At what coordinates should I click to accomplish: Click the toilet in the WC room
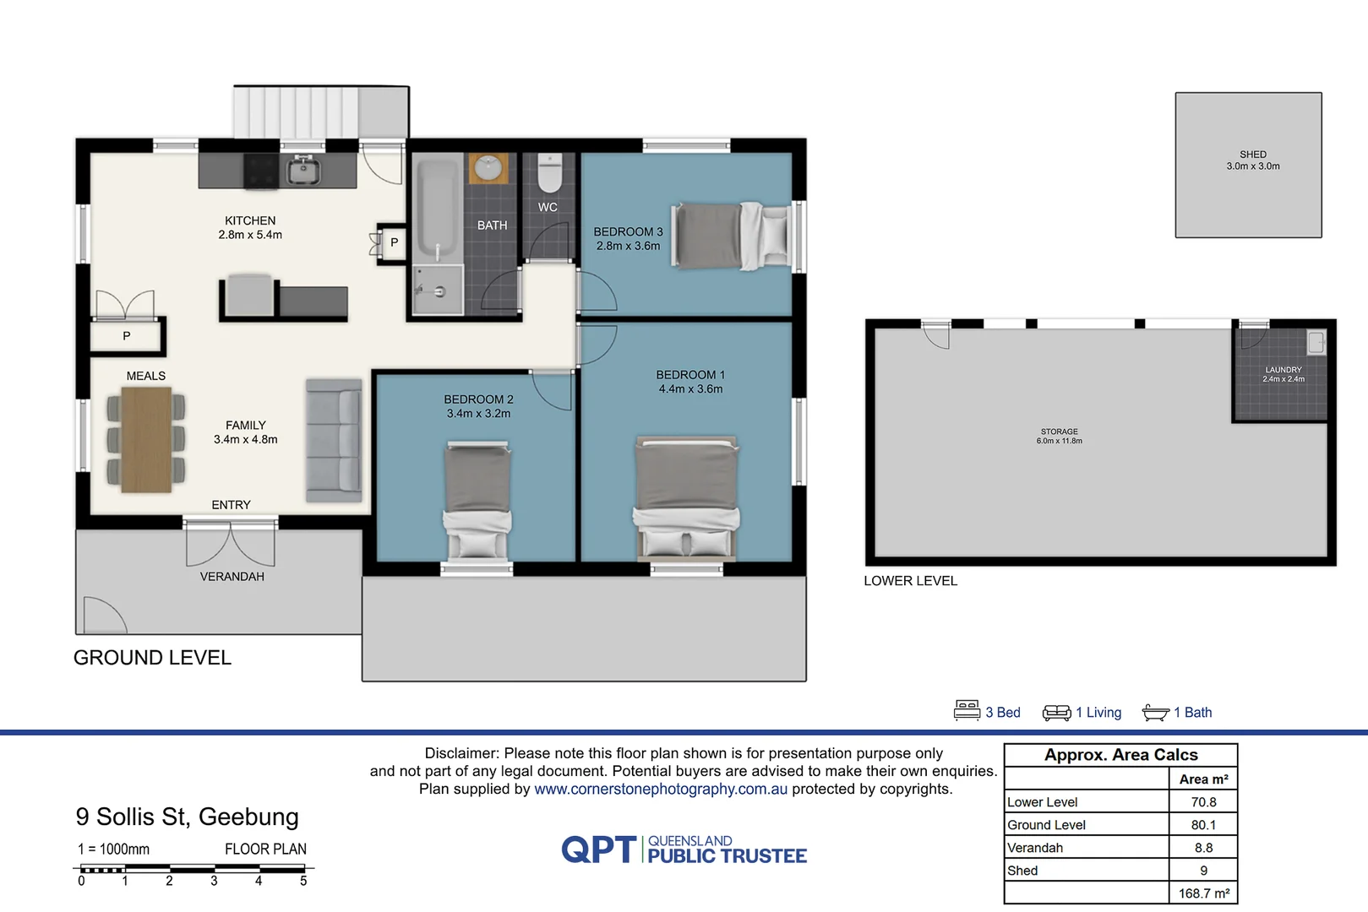pyautogui.click(x=549, y=173)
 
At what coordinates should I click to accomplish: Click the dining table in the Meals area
pyautogui.click(x=146, y=439)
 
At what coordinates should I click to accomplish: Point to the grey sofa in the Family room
pyautogui.click(x=334, y=440)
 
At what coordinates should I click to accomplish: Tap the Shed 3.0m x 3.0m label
pyautogui.click(x=1252, y=160)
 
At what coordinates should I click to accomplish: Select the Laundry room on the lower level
pyautogui.click(x=1283, y=375)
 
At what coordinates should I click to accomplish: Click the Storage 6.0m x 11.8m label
pyautogui.click(x=1059, y=436)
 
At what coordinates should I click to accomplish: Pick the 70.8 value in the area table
pyautogui.click(x=1203, y=802)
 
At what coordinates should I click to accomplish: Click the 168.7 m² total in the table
pyautogui.click(x=1203, y=893)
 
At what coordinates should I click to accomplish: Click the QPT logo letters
pyautogui.click(x=598, y=850)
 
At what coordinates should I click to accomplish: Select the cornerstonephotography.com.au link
pyautogui.click(x=660, y=790)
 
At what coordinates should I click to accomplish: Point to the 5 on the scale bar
pyautogui.click(x=303, y=882)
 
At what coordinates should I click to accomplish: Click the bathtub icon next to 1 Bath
pyautogui.click(x=1155, y=713)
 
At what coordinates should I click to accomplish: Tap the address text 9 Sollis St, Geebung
pyautogui.click(x=187, y=817)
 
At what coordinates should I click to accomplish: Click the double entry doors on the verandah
pyautogui.click(x=231, y=545)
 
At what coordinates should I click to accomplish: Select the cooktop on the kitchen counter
pyautogui.click(x=261, y=171)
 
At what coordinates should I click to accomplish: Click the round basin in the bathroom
pyautogui.click(x=488, y=168)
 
